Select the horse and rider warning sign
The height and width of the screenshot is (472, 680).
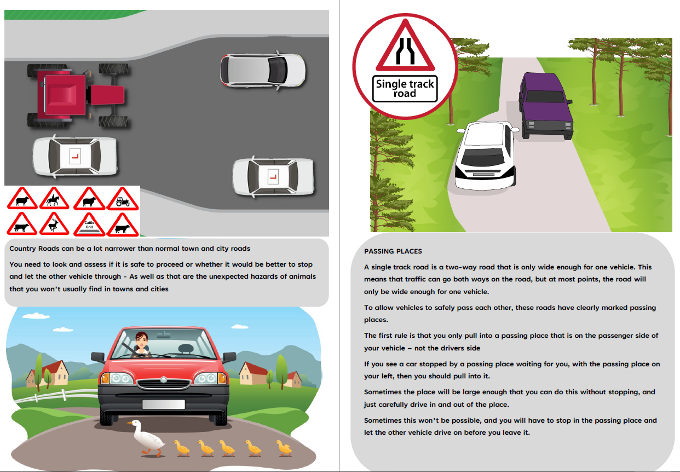click(x=54, y=199)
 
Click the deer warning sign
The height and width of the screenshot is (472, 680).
click(x=54, y=224)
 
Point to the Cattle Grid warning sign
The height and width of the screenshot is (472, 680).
click(x=89, y=225)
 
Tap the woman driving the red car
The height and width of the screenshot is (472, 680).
click(x=141, y=344)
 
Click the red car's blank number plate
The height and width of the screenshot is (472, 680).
click(x=164, y=404)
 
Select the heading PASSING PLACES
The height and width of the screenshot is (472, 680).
click(x=393, y=251)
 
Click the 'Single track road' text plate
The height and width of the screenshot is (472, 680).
click(x=405, y=88)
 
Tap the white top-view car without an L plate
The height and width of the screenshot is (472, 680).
click(x=263, y=71)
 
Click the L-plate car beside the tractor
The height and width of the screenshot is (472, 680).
click(x=75, y=156)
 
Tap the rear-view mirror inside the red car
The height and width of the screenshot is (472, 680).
click(x=164, y=335)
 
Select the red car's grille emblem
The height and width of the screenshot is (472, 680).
click(x=164, y=379)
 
